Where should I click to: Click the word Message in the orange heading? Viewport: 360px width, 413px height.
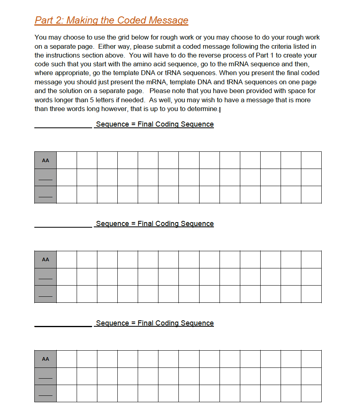(168, 20)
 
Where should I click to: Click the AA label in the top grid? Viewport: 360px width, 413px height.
(45, 160)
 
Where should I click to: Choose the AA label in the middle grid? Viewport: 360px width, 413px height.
(45, 260)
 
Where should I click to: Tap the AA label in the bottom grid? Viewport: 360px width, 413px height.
(45, 359)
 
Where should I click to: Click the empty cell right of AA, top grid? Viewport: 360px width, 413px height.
(66, 160)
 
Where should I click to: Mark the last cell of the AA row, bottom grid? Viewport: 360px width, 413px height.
(311, 359)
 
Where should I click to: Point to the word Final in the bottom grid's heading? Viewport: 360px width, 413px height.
(145, 323)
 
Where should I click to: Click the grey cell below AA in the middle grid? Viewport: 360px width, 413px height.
(45, 276)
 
